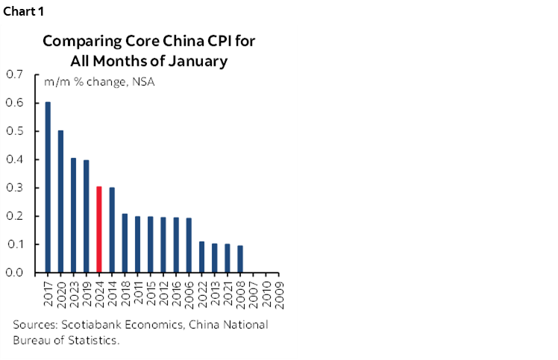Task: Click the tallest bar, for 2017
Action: pos(48,187)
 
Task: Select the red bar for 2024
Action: pos(99,230)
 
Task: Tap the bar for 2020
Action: pos(61,201)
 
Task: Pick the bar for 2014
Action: pos(112,230)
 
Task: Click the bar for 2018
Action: pos(125,243)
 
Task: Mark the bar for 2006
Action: pos(189,245)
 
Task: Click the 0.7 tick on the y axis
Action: pos(14,75)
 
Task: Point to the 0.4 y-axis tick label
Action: pos(14,160)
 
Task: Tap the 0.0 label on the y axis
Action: pos(14,273)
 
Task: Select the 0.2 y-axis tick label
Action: pos(14,216)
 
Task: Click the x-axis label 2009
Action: pos(278,293)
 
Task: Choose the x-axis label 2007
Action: pos(253,293)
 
